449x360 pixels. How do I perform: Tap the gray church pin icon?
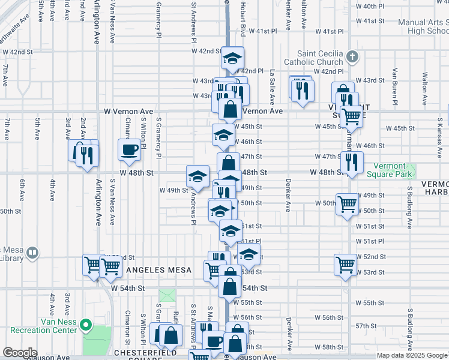(x=352, y=58)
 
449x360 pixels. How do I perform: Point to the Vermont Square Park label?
(x=393, y=170)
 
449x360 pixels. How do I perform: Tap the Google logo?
(x=20, y=353)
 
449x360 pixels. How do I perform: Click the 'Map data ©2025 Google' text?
(x=412, y=355)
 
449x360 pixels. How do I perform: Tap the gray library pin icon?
(x=33, y=254)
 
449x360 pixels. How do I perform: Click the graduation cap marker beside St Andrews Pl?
(x=197, y=176)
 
